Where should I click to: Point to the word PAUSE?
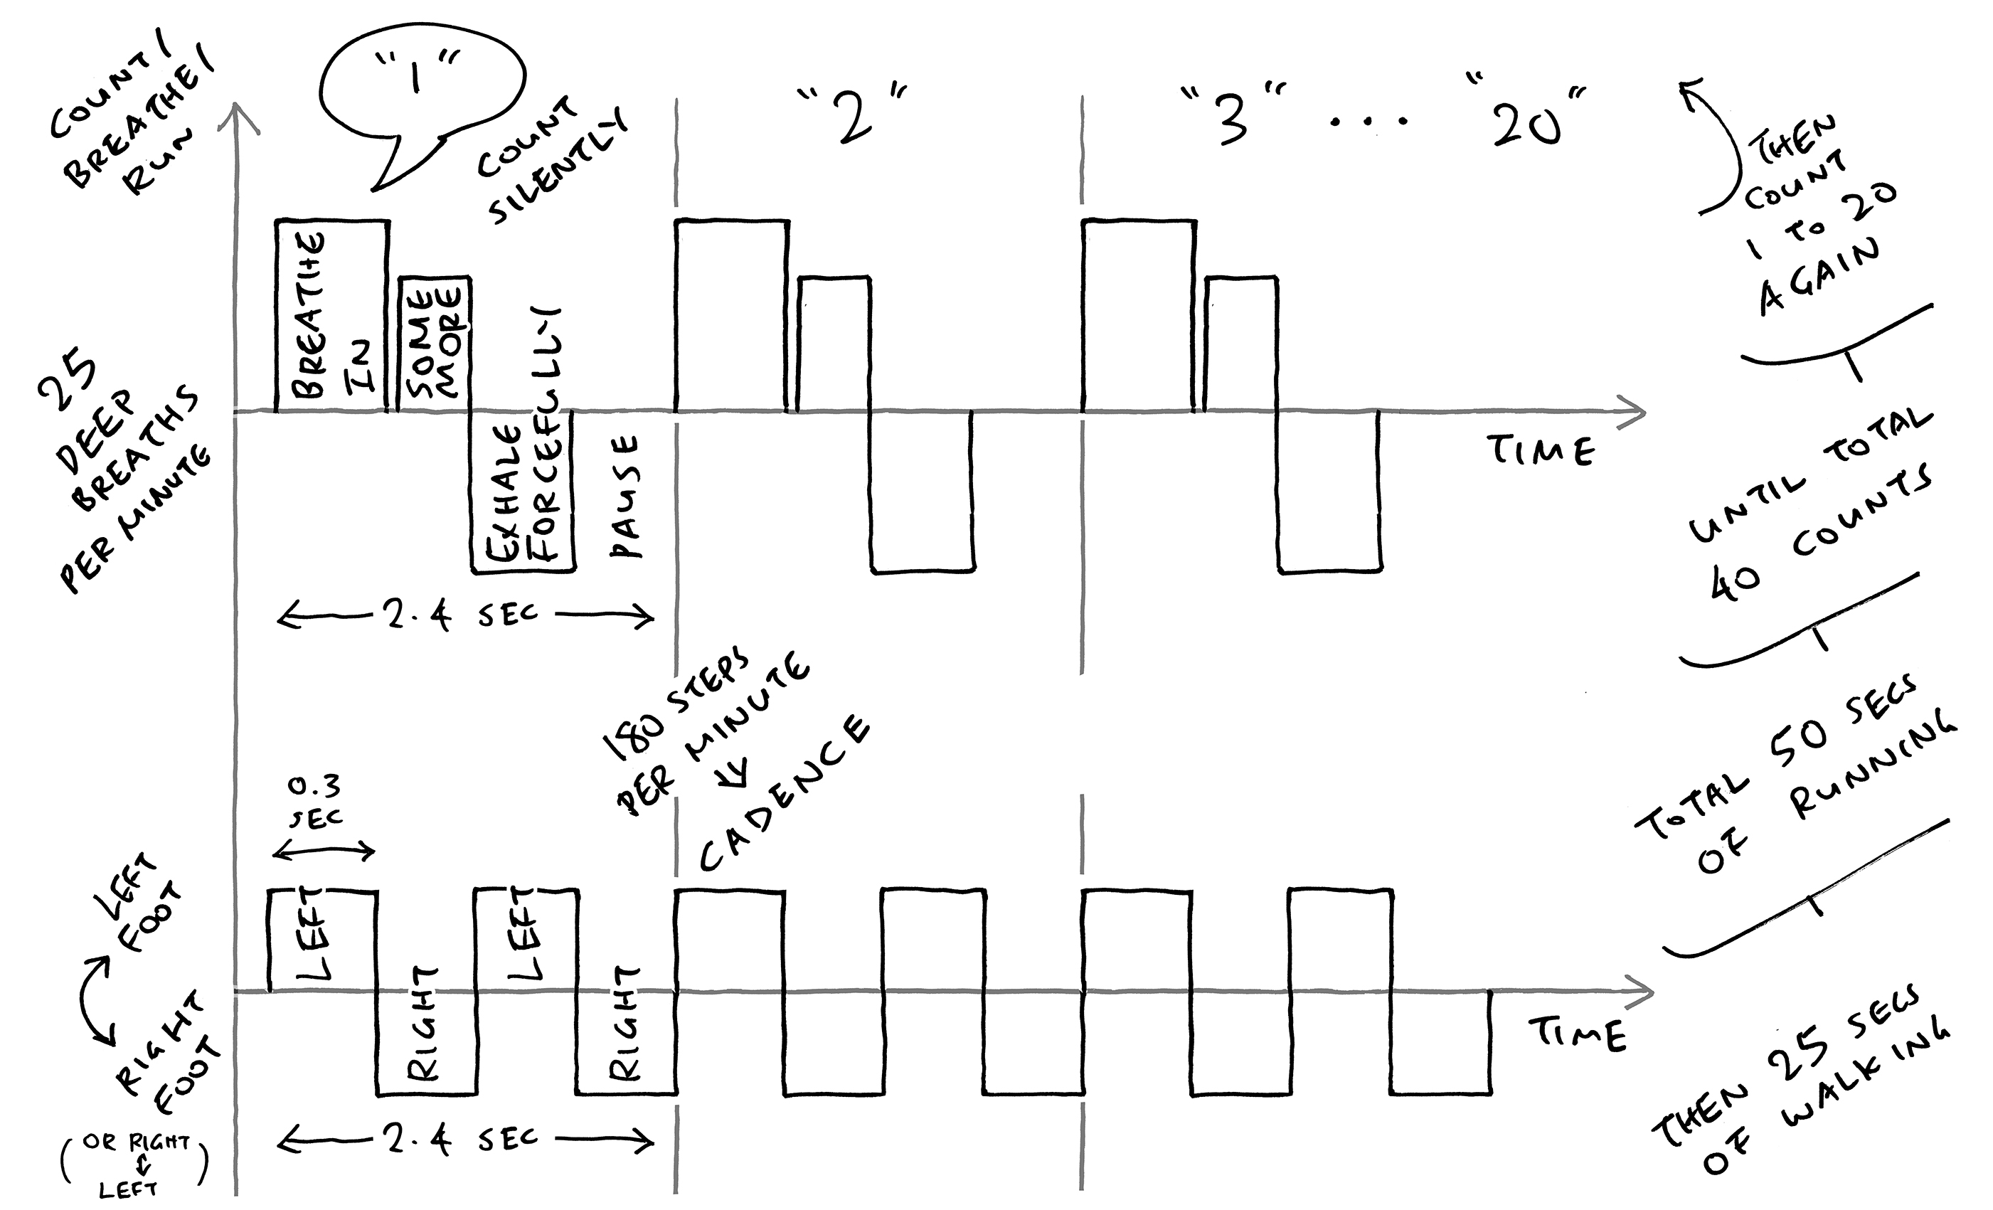click(x=625, y=497)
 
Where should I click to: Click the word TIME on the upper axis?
click(x=1541, y=450)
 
